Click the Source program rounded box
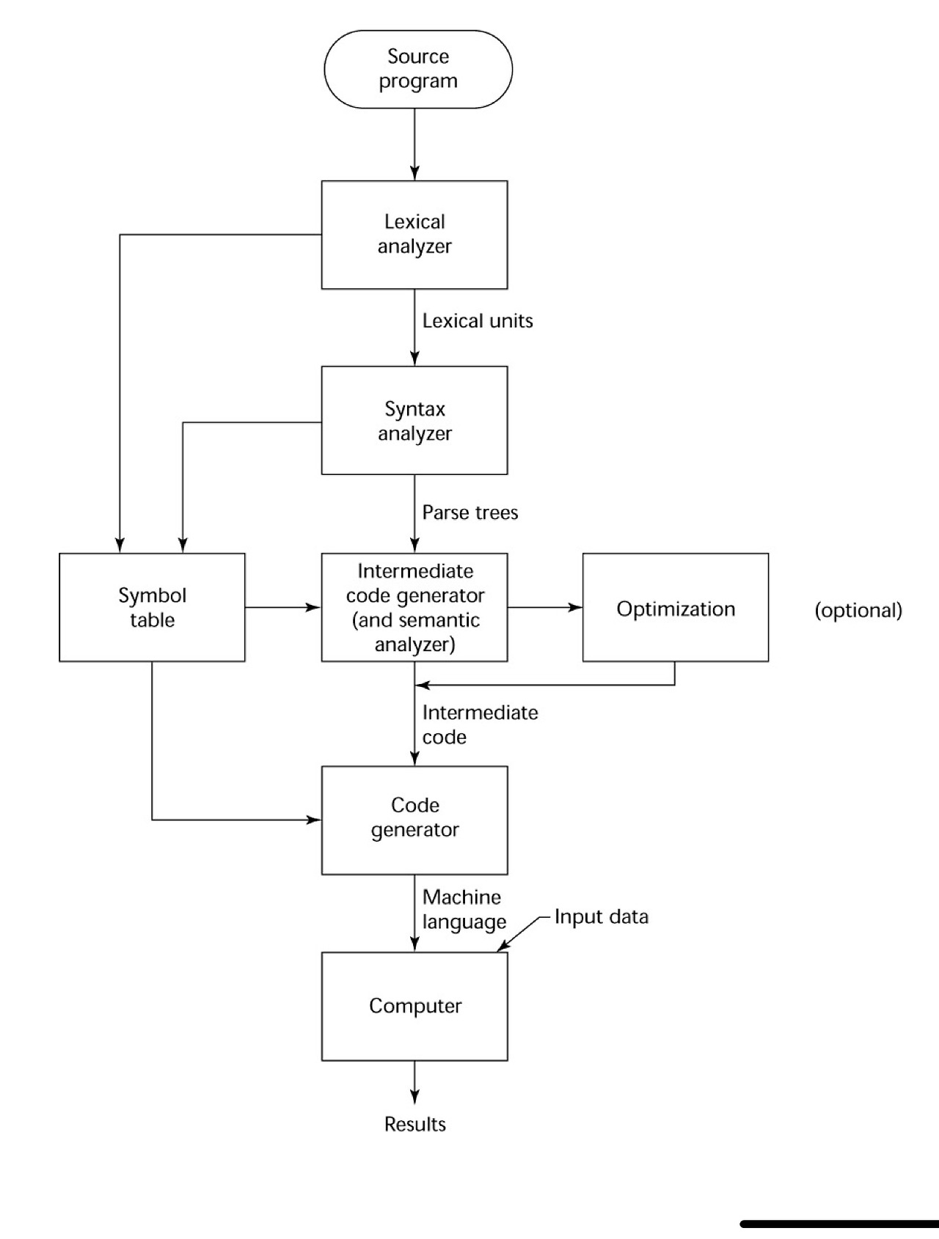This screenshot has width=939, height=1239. coord(418,69)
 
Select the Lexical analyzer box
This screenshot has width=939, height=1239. coord(414,235)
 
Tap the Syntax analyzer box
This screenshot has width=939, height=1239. coord(414,420)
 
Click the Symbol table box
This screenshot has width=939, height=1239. coord(152,607)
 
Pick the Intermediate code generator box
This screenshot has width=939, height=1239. coord(414,607)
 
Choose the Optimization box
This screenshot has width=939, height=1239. coord(675,607)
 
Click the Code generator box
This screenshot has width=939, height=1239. coord(414,820)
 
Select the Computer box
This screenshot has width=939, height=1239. coord(414,1006)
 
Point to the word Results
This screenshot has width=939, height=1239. coord(414,1124)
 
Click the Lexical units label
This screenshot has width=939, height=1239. coord(477,321)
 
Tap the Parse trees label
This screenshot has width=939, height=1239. coord(469,512)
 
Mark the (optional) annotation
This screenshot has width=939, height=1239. coord(858,610)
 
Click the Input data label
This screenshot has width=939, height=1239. coord(601,917)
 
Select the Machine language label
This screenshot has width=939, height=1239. coord(464,909)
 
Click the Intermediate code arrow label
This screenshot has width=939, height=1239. coord(479,724)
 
